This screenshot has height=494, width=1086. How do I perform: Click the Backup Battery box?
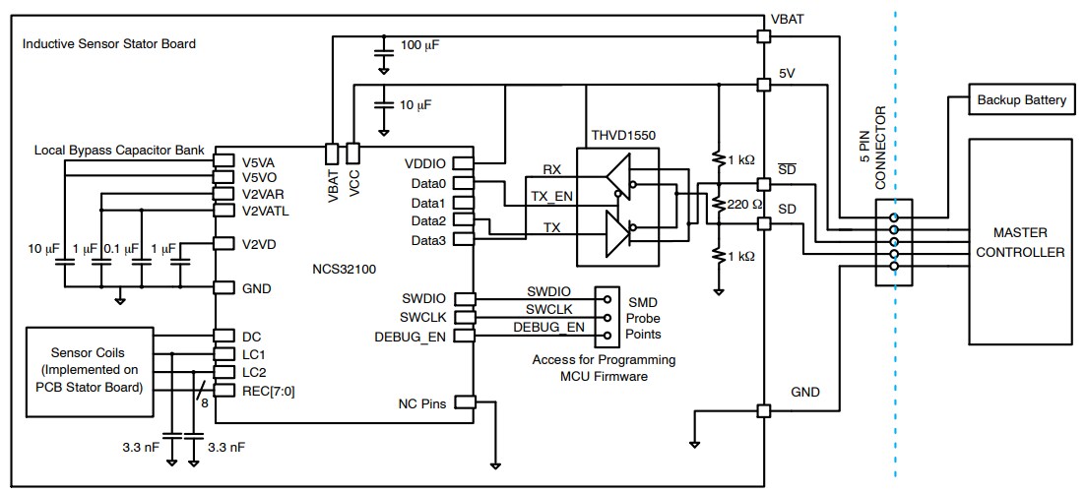click(1020, 100)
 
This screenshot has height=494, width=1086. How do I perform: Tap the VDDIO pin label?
click(425, 163)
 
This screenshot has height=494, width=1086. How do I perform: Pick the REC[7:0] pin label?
click(269, 390)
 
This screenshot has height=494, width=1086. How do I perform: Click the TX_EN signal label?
click(551, 196)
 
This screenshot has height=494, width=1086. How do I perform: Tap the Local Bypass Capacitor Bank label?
click(119, 151)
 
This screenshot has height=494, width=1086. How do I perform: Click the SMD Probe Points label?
click(644, 318)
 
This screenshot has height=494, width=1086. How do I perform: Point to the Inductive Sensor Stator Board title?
click(108, 44)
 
